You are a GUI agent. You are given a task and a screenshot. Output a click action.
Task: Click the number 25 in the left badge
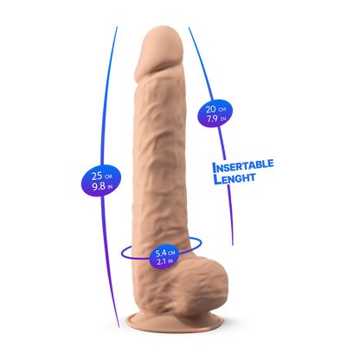click(97, 176)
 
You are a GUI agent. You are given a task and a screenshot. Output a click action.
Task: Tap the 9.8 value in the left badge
click(99, 186)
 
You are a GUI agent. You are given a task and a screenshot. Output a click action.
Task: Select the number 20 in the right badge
click(210, 109)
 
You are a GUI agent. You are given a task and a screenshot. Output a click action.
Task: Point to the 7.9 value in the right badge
click(212, 119)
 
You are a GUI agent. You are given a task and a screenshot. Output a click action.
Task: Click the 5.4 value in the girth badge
click(161, 254)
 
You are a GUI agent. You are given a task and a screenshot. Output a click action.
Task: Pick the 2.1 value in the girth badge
click(161, 262)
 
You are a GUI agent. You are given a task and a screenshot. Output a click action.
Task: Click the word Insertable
click(243, 166)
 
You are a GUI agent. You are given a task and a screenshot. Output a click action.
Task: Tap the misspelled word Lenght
click(235, 178)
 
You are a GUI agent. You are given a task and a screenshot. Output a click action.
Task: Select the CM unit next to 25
click(108, 177)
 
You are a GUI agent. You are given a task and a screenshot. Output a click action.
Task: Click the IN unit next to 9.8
click(110, 188)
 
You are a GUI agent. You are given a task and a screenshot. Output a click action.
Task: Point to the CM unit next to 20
click(222, 110)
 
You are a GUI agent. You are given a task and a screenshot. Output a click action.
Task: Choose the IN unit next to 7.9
click(223, 119)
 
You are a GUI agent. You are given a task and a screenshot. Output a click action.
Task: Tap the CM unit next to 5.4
click(172, 253)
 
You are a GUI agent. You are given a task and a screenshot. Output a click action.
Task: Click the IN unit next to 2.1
click(170, 261)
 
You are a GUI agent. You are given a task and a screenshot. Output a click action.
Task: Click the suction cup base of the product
click(174, 323)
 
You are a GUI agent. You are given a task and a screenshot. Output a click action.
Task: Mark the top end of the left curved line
click(117, 27)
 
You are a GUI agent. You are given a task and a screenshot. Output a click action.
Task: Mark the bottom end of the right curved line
click(233, 245)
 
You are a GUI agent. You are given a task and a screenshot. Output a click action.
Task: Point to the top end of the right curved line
click(189, 28)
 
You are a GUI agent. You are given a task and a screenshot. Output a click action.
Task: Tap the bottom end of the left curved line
click(119, 327)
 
